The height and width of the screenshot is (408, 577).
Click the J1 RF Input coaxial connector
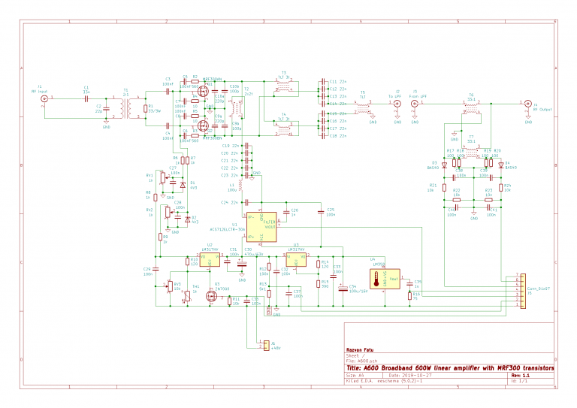[x=44, y=98]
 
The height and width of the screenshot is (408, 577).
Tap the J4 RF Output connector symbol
[x=527, y=102]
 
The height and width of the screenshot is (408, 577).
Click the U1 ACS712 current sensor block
[x=267, y=227]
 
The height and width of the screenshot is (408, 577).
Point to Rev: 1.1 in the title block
[x=521, y=374]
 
